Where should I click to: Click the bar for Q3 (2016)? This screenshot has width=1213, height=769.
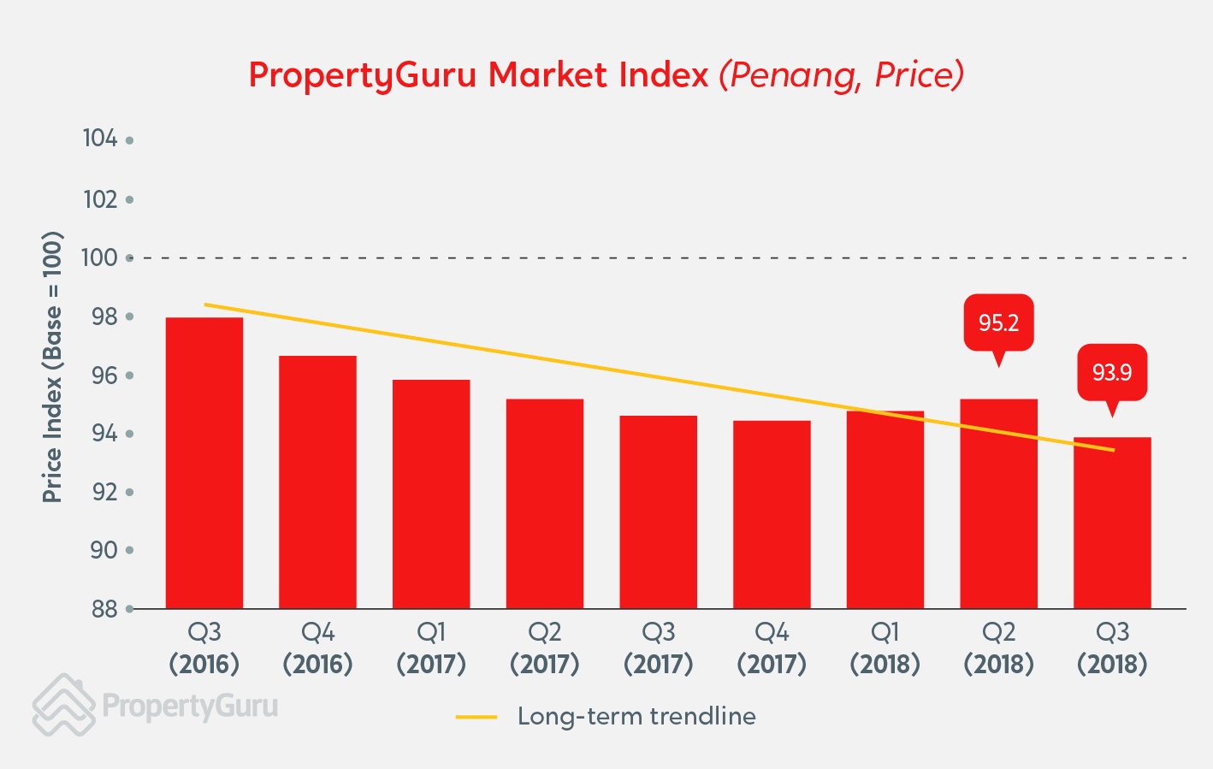pyautogui.click(x=204, y=463)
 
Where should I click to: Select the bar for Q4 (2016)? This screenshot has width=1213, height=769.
pyautogui.click(x=317, y=482)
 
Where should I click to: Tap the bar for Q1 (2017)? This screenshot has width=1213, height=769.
pyautogui.click(x=431, y=494)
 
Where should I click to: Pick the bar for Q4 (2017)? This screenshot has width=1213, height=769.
pyautogui.click(x=772, y=514)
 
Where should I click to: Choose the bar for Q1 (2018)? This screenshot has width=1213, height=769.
pyautogui.click(x=885, y=510)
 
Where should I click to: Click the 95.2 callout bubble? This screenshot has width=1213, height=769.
pyautogui.click(x=998, y=322)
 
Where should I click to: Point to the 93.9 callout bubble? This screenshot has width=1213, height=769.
pyautogui.click(x=1111, y=372)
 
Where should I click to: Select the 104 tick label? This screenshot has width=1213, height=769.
pyautogui.click(x=100, y=139)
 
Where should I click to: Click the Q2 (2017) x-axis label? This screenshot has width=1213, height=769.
pyautogui.click(x=545, y=648)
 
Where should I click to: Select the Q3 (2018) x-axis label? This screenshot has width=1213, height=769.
pyautogui.click(x=1112, y=648)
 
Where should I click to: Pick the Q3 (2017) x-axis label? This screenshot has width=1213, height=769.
pyautogui.click(x=659, y=648)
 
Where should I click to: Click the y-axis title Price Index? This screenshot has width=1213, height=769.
pyautogui.click(x=52, y=368)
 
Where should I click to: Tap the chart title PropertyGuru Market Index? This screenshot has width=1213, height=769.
pyautogui.click(x=478, y=75)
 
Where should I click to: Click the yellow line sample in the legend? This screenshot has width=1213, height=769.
pyautogui.click(x=476, y=717)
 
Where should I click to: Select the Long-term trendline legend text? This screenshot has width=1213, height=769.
pyautogui.click(x=636, y=717)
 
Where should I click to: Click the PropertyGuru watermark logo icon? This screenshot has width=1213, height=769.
pyautogui.click(x=63, y=706)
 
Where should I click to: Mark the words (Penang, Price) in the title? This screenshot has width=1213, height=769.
pyautogui.click(x=842, y=75)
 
